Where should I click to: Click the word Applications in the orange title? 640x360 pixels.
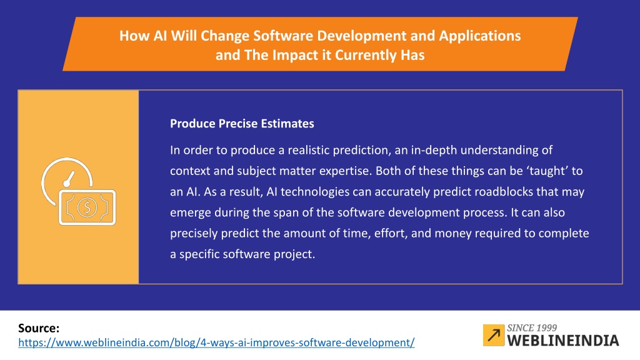(x=479, y=36)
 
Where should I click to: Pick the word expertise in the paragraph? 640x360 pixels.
(x=345, y=171)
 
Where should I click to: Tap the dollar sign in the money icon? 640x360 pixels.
(x=86, y=207)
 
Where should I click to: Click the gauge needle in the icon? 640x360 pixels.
(x=69, y=179)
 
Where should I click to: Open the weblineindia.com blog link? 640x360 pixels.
(x=216, y=342)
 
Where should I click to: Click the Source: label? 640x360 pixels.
(x=39, y=328)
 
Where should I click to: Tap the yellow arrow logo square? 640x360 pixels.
(x=494, y=335)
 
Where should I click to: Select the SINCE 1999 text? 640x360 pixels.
(x=532, y=327)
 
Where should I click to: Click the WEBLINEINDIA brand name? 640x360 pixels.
(x=563, y=341)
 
